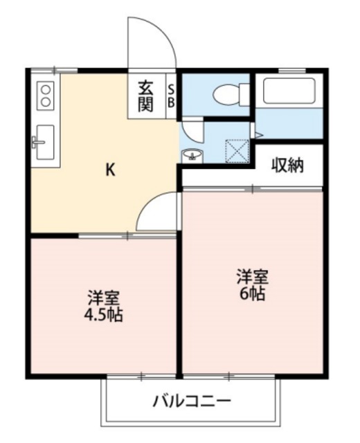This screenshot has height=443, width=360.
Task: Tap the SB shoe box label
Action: (172, 96)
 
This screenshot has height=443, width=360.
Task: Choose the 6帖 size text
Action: (253, 293)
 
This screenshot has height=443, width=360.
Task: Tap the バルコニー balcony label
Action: (191, 401)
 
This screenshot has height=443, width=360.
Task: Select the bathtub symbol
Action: (289, 91)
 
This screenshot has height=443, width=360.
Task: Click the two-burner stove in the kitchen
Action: (46, 95)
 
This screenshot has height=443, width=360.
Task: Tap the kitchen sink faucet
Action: (36, 144)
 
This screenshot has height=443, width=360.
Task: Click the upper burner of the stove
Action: (46, 88)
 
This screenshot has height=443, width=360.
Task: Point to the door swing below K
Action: (159, 213)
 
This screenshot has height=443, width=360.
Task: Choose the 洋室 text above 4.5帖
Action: (103, 300)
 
